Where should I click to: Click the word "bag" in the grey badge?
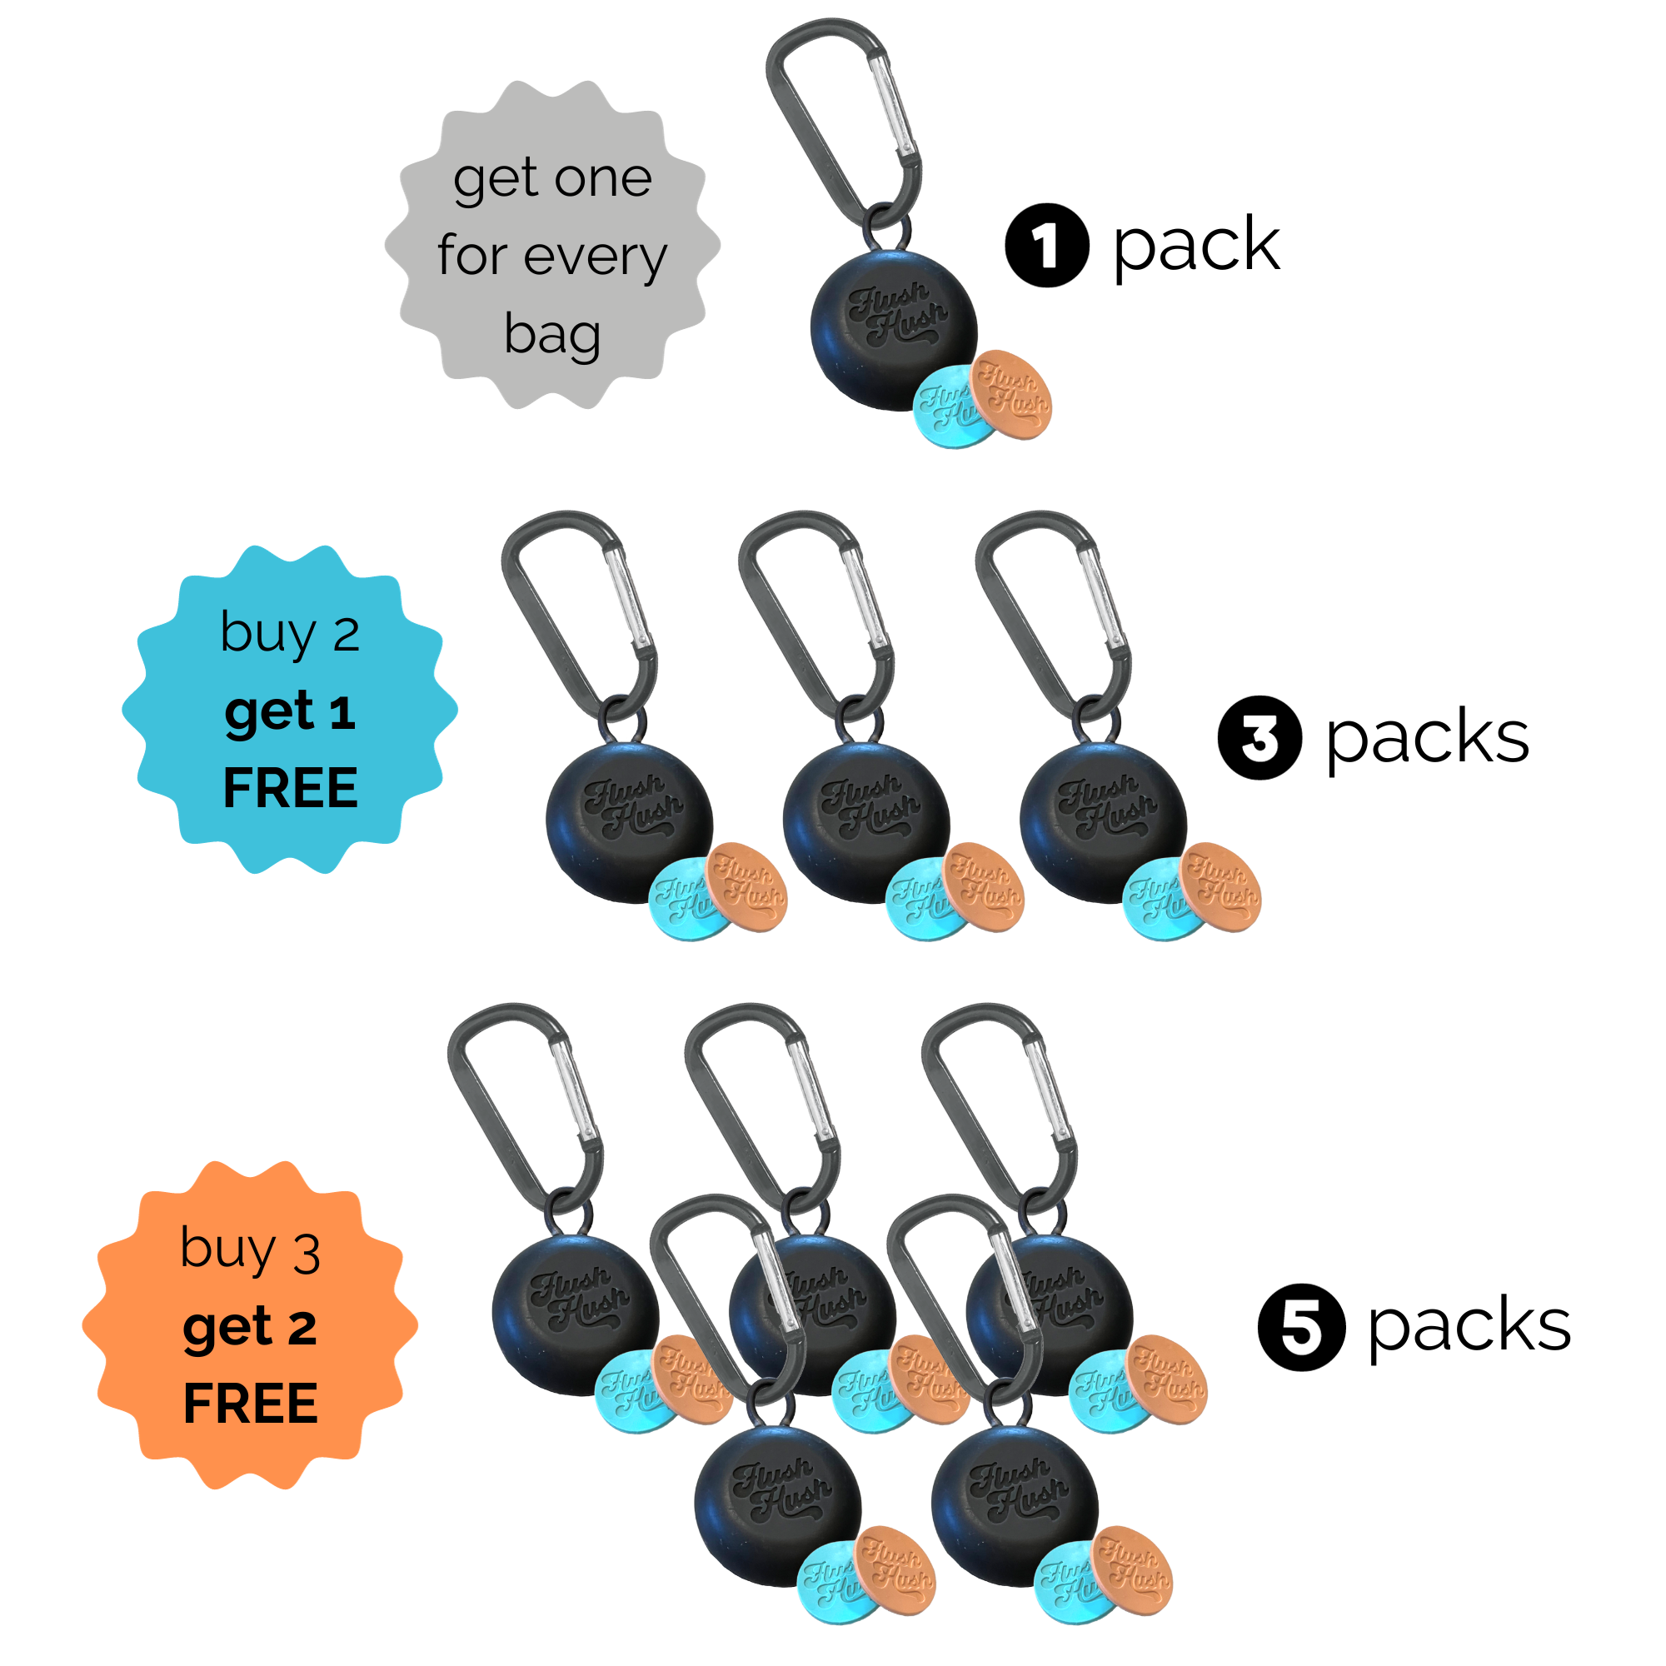click(552, 335)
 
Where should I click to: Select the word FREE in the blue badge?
click(291, 787)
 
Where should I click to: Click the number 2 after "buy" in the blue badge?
click(346, 636)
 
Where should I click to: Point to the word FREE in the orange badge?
click(250, 1403)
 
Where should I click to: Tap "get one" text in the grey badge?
click(552, 178)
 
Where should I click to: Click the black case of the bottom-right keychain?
click(1005, 1504)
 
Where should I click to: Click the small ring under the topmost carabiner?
click(888, 226)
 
